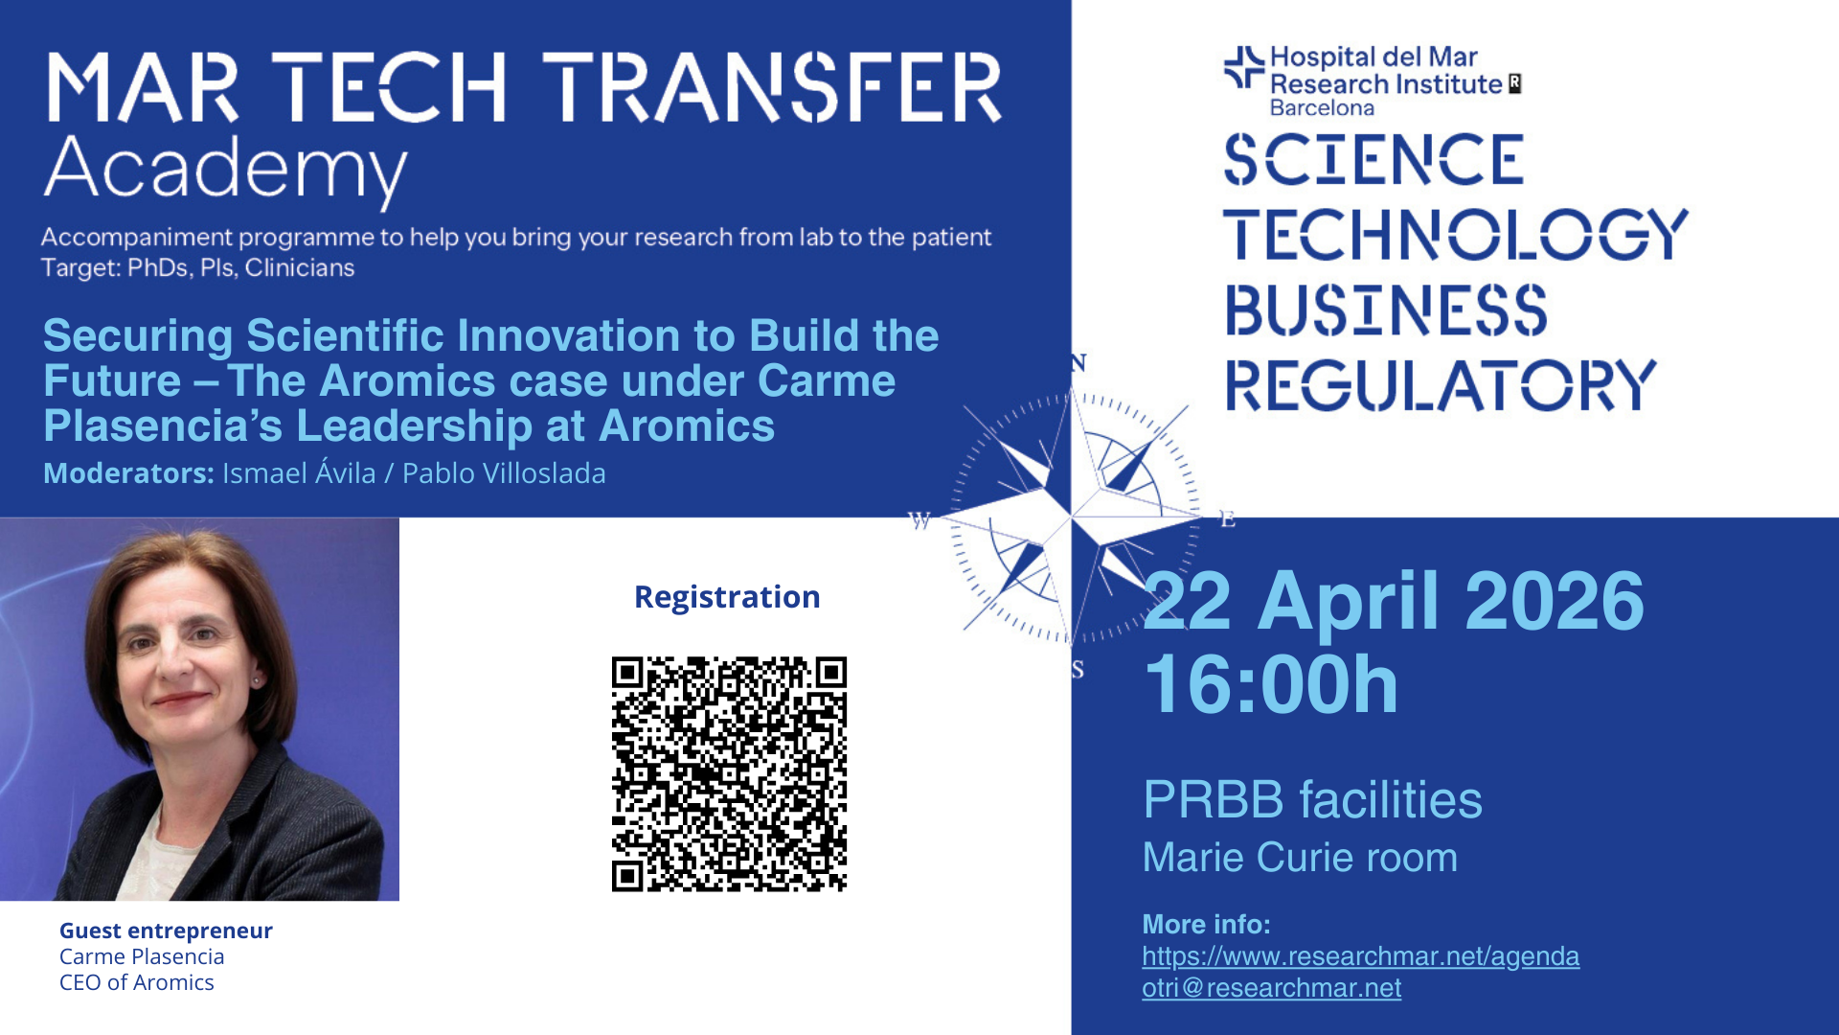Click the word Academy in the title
[225, 171]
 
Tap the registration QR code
[729, 774]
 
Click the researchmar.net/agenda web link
[1360, 956]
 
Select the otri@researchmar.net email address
[1271, 988]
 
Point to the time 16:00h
[1271, 684]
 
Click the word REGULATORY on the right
[1441, 385]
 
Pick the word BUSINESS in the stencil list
[1386, 310]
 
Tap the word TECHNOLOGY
[1456, 234]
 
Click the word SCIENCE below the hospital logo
[1374, 159]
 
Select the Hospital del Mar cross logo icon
[1244, 67]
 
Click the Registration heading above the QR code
[727, 597]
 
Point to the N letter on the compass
[1078, 363]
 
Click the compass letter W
[919, 520]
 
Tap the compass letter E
[1227, 519]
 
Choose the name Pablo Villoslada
[504, 473]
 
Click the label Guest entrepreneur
[166, 931]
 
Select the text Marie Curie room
[1300, 858]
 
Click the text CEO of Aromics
[137, 982]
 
